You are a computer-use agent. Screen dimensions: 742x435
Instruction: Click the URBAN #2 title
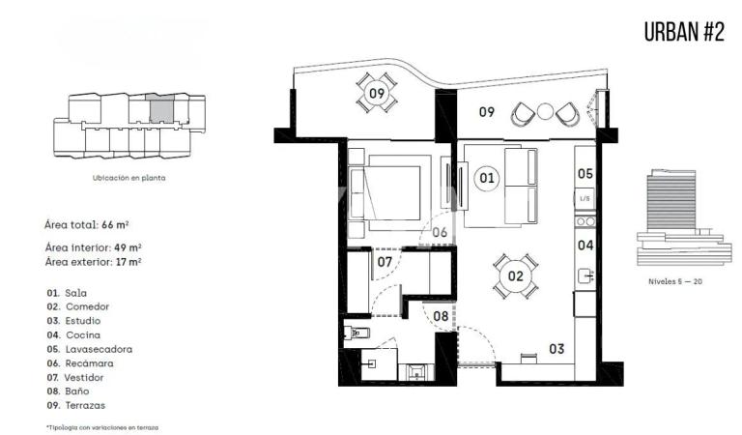pyautogui.click(x=684, y=32)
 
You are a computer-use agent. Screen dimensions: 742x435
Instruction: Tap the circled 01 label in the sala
pyautogui.click(x=487, y=178)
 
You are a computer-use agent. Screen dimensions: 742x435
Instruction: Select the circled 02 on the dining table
pyautogui.click(x=515, y=275)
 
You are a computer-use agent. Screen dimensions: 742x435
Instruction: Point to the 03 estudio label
pyautogui.click(x=556, y=349)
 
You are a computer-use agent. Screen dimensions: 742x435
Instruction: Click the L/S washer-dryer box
pyautogui.click(x=585, y=198)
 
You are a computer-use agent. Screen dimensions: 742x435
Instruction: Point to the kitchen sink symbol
pyautogui.click(x=585, y=275)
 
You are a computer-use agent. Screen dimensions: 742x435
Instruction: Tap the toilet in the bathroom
pyautogui.click(x=356, y=333)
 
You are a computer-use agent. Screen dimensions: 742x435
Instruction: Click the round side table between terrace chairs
pyautogui.click(x=545, y=112)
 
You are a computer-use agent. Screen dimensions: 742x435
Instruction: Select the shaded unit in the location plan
pyautogui.click(x=162, y=111)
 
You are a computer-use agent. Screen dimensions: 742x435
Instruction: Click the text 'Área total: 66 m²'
pyautogui.click(x=87, y=225)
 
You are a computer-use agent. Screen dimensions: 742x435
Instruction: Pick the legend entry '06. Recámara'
pyautogui.click(x=80, y=363)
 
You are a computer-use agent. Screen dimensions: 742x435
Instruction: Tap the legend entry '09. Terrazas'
pyautogui.click(x=76, y=406)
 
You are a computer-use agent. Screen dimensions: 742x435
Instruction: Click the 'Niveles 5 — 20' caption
pyautogui.click(x=675, y=281)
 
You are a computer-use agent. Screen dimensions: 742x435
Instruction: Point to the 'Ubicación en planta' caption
pyautogui.click(x=129, y=179)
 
